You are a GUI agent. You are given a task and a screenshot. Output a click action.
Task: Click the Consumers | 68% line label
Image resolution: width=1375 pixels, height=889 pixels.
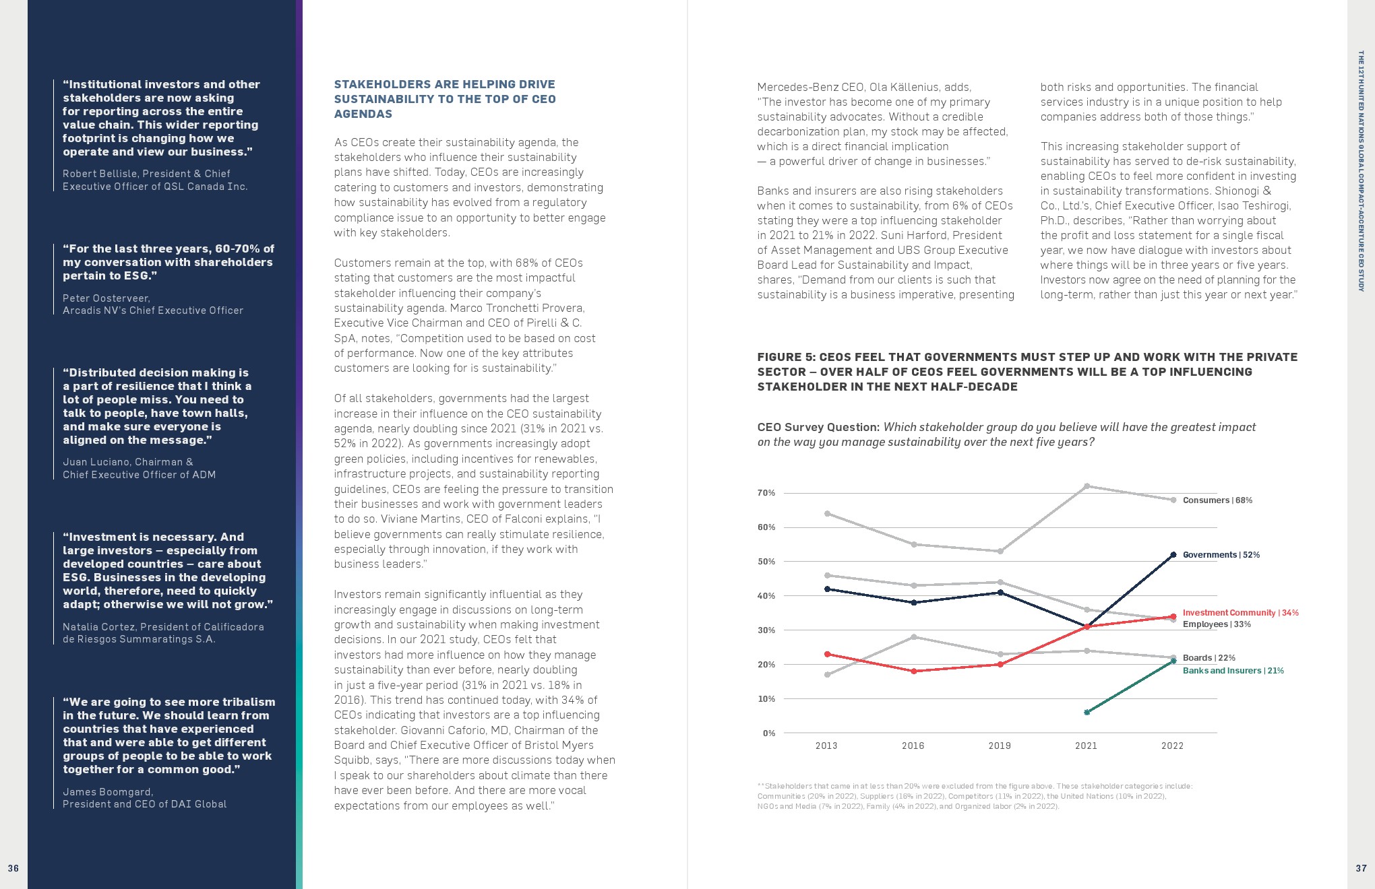1217,500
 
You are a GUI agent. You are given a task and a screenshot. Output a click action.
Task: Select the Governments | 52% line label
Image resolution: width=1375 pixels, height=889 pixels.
1221,555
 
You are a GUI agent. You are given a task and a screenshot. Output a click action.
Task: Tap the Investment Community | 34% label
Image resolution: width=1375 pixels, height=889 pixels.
1240,613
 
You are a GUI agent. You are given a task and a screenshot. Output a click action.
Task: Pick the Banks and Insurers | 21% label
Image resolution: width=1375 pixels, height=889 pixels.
1233,671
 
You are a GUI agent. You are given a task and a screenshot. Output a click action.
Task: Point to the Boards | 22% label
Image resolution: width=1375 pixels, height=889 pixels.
1209,658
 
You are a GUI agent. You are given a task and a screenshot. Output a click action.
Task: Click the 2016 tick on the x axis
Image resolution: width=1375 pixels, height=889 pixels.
913,746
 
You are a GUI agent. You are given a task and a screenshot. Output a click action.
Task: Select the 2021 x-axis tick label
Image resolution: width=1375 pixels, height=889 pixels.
1086,746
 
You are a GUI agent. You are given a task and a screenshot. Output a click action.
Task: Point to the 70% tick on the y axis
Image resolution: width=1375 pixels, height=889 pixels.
766,493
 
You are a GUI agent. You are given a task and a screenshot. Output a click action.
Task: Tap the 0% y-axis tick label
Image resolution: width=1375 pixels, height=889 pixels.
769,733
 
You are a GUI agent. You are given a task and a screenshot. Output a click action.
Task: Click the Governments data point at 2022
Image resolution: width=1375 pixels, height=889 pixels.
1173,555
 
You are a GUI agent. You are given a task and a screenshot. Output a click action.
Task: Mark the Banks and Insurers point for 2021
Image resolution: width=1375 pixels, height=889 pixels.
1087,712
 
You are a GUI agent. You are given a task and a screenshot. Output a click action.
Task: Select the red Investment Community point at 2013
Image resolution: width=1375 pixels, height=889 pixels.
827,654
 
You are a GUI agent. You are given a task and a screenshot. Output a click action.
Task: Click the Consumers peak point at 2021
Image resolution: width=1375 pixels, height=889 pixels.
1087,486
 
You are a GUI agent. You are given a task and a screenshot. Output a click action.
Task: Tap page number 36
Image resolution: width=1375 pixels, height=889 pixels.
13,868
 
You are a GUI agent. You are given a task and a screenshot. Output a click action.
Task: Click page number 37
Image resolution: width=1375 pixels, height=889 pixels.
1361,868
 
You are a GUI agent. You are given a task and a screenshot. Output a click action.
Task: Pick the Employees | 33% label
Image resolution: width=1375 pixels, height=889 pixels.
1217,624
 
